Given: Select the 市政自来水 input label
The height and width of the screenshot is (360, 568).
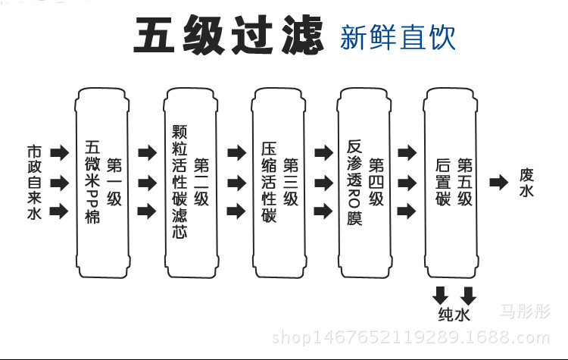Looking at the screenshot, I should (x=33, y=183).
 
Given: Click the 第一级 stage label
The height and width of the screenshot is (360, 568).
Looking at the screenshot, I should (x=114, y=183).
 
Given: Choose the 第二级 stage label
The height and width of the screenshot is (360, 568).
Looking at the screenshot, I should (x=201, y=183).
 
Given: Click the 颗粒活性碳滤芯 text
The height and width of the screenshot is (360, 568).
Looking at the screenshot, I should (x=179, y=183).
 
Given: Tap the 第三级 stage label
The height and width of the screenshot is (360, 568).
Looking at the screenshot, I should (x=290, y=183).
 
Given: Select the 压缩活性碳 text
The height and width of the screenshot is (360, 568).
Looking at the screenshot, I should (x=269, y=183).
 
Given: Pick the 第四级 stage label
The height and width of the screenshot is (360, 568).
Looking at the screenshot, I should (x=376, y=183).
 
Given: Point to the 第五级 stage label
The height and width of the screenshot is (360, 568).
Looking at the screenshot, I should (x=465, y=183).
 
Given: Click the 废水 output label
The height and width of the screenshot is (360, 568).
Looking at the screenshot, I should (x=526, y=183).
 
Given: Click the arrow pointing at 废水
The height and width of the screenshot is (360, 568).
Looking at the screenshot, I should (x=498, y=183).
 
